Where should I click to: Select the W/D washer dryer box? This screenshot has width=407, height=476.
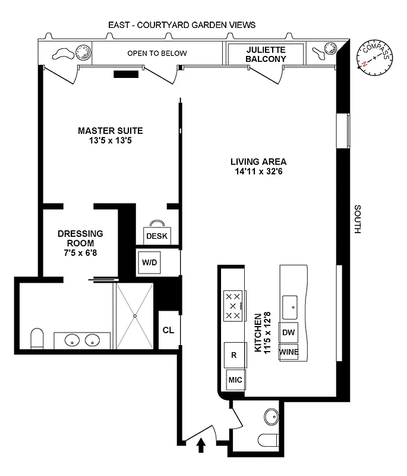coord(149,262)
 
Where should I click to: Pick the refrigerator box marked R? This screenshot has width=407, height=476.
coord(234,355)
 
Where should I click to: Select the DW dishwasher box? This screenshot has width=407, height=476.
coord(289,333)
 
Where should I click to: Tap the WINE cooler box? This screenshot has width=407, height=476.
coord(289,352)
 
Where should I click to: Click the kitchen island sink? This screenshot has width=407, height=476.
coord(290,305)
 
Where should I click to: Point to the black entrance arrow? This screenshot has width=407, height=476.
coord(200,446)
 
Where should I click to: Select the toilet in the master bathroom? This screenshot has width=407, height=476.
coord(36,338)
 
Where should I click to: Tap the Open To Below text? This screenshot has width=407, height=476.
coord(157,54)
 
